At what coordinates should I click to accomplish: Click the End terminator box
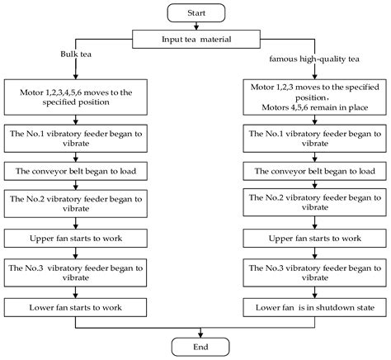click(195, 347)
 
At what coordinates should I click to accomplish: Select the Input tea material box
click(195, 38)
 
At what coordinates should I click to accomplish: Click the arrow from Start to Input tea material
click(195, 25)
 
